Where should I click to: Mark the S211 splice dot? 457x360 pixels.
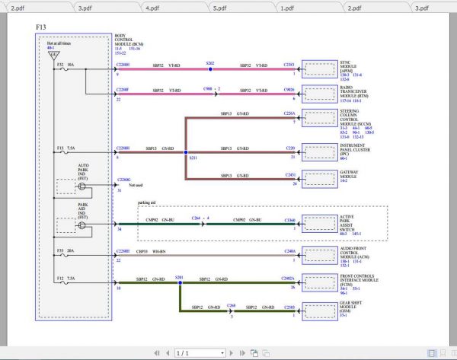(x=187, y=153)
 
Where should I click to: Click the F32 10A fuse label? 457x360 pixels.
(x=66, y=65)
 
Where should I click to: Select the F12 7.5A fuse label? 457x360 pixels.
(x=66, y=279)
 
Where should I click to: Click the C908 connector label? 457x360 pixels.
(x=208, y=89)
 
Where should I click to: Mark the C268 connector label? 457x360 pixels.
(x=231, y=304)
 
